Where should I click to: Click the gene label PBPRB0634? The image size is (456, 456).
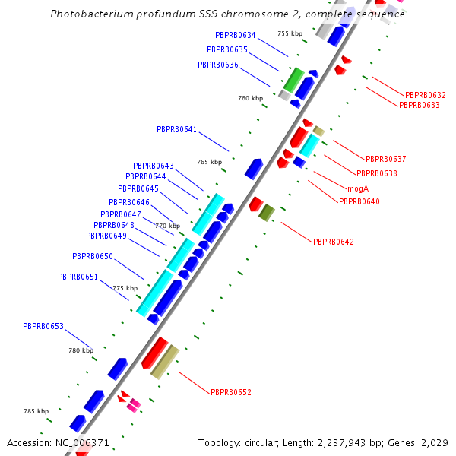[236, 35]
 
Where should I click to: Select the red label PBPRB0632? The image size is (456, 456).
[426, 95]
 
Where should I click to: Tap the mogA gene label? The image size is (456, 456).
[358, 188]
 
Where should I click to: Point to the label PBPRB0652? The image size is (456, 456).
[231, 392]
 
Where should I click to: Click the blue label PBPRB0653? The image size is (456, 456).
[43, 326]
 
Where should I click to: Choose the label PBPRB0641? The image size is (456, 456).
[177, 129]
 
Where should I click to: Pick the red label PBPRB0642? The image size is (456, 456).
[334, 242]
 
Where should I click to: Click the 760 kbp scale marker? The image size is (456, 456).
[250, 98]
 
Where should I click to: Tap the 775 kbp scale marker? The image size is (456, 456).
[125, 288]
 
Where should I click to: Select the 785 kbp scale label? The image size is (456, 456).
[36, 411]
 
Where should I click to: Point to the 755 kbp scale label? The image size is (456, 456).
[290, 33]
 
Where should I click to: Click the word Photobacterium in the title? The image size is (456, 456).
[87, 14]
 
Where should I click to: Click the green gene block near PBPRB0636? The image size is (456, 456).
[293, 79]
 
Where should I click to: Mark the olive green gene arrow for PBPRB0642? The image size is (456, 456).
[266, 213]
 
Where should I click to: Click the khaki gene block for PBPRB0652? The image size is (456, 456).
[165, 362]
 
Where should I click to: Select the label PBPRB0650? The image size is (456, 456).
[93, 256]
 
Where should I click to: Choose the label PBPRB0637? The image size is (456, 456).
[386, 159]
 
